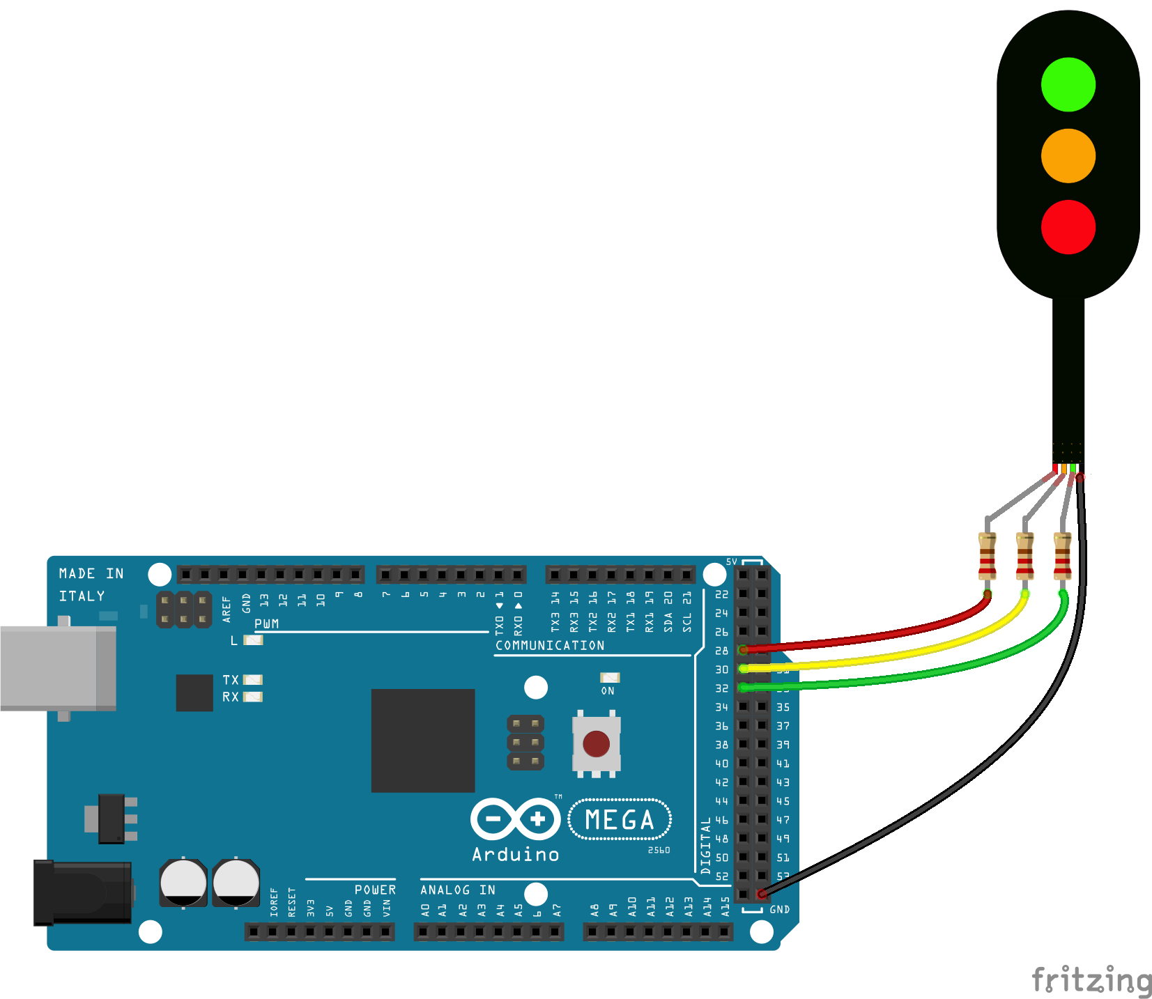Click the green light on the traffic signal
(x=1068, y=85)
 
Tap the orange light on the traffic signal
(x=1068, y=156)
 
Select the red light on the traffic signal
(x=1068, y=227)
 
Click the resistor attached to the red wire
(x=987, y=556)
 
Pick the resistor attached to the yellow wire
(x=1024, y=556)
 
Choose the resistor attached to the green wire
(x=1062, y=556)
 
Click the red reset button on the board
(x=596, y=743)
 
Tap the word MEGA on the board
(x=620, y=820)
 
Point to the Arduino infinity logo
(x=515, y=819)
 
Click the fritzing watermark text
(x=1091, y=980)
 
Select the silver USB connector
(x=58, y=668)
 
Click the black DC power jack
(x=83, y=892)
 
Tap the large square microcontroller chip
(x=422, y=741)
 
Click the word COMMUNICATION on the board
(x=550, y=646)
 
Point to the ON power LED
(x=610, y=678)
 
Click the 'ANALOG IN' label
(x=457, y=890)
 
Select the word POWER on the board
(x=375, y=890)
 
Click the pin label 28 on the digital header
(x=721, y=651)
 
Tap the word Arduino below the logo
(x=515, y=855)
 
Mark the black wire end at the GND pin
(x=762, y=894)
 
